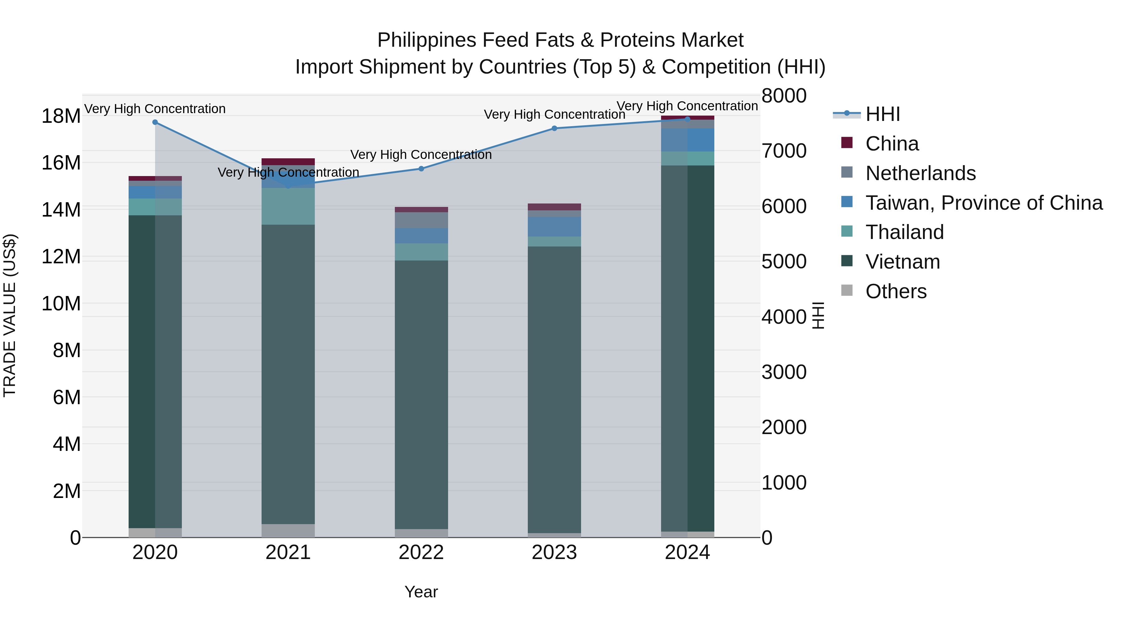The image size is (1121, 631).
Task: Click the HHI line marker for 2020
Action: (x=155, y=122)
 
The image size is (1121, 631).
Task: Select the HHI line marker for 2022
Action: (x=421, y=169)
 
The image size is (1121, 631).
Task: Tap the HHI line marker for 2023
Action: (x=554, y=128)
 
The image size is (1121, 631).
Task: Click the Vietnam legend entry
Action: (x=902, y=262)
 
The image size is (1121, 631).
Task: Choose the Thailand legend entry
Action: (x=904, y=232)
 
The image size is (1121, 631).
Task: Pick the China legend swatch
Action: (x=847, y=143)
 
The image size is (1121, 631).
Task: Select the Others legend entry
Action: (x=896, y=291)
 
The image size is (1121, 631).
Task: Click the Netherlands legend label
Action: (x=920, y=173)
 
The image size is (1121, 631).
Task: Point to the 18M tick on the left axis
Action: (x=61, y=116)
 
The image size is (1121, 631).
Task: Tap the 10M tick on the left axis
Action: (x=61, y=304)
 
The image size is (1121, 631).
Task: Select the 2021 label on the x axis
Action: (x=288, y=552)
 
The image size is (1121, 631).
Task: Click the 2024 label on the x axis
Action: (x=688, y=552)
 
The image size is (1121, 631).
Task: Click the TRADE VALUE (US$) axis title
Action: (x=10, y=315)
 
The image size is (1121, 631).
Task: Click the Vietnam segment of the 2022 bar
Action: (x=421, y=392)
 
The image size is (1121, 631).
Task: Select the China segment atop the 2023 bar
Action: (x=554, y=207)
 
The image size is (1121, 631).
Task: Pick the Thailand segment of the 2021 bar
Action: (x=288, y=206)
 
